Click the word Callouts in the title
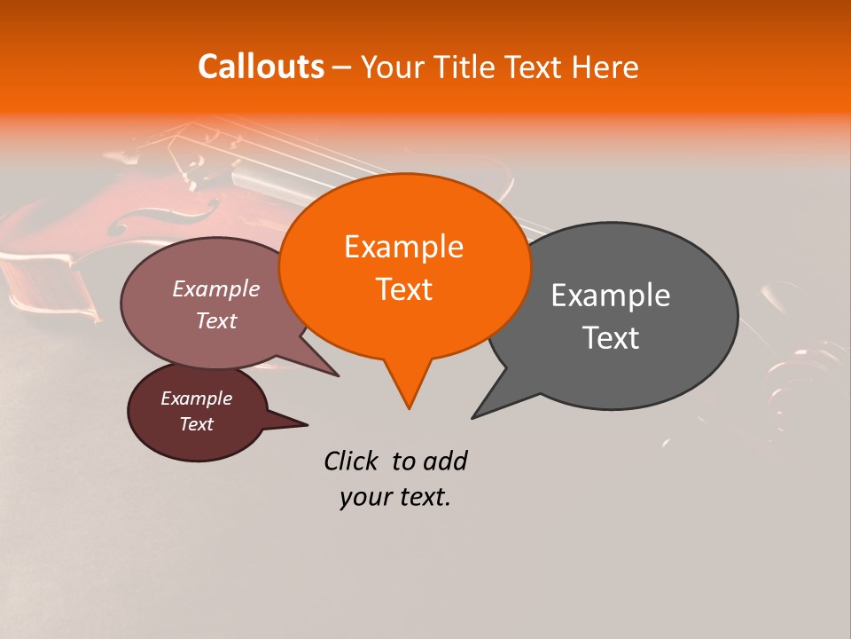[261, 67]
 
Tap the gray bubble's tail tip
[473, 417]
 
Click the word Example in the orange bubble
[403, 247]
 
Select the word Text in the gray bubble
[612, 338]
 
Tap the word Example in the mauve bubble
[215, 289]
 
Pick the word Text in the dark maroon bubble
[196, 424]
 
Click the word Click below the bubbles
[353, 461]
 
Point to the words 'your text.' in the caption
[394, 497]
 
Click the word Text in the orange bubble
[403, 290]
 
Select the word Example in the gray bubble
[611, 296]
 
